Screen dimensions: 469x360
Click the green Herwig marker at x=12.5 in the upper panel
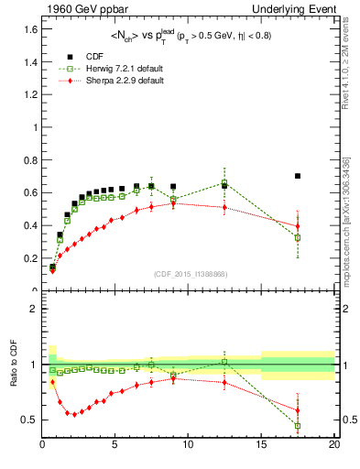[x=224, y=183]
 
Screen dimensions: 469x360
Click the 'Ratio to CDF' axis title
[x=13, y=377]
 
